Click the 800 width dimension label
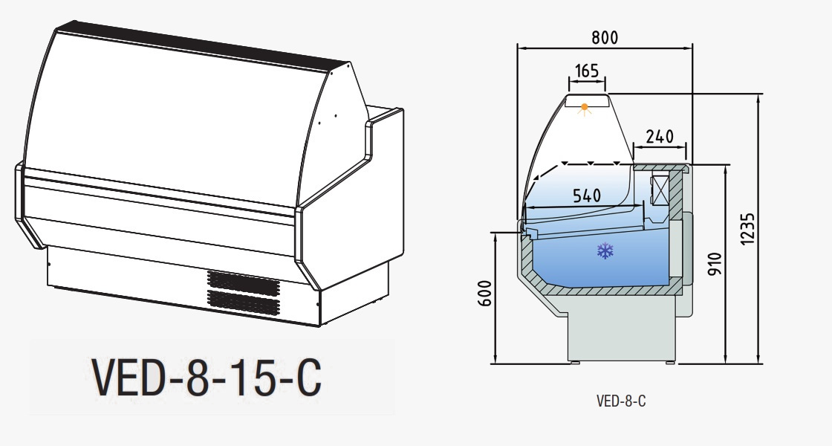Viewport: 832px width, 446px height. [x=605, y=37]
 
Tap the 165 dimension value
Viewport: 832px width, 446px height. [x=586, y=71]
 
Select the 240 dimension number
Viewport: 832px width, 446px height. [x=660, y=137]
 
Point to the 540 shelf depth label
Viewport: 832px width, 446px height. [x=588, y=195]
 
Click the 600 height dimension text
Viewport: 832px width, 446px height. [x=486, y=293]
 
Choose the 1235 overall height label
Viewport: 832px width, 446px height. [x=747, y=230]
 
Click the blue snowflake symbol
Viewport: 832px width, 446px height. [x=605, y=251]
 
